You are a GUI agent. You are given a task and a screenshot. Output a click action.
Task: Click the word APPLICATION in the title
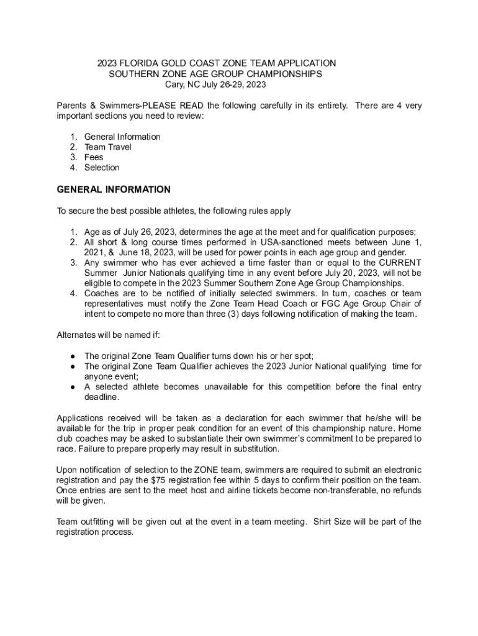[307, 63]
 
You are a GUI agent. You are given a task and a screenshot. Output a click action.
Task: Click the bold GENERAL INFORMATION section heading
[114, 189]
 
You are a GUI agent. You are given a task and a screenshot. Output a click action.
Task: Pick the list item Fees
[94, 157]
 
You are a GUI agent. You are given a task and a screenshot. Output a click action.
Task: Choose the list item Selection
[102, 168]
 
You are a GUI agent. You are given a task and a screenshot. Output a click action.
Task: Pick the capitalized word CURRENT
[397, 263]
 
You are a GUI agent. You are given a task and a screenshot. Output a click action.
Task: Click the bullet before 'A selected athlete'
[73, 387]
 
